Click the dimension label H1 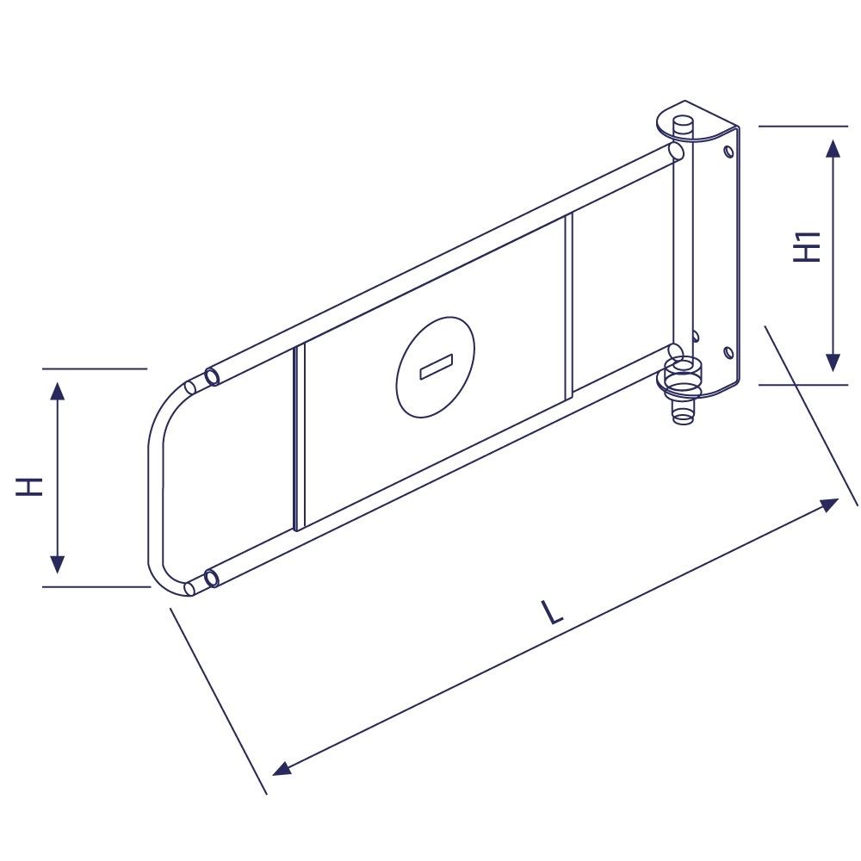(x=807, y=248)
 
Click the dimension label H (x=30, y=486)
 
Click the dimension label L (x=551, y=612)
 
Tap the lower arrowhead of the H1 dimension (x=832, y=362)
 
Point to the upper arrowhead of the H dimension (x=57, y=392)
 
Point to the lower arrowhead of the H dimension (x=57, y=565)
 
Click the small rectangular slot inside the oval (x=436, y=367)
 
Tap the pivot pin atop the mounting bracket (x=684, y=126)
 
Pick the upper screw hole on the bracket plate (x=728, y=152)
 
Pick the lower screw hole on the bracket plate (x=728, y=352)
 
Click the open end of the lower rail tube (x=210, y=578)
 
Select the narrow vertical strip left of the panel (x=299, y=438)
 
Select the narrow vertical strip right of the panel (x=568, y=307)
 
